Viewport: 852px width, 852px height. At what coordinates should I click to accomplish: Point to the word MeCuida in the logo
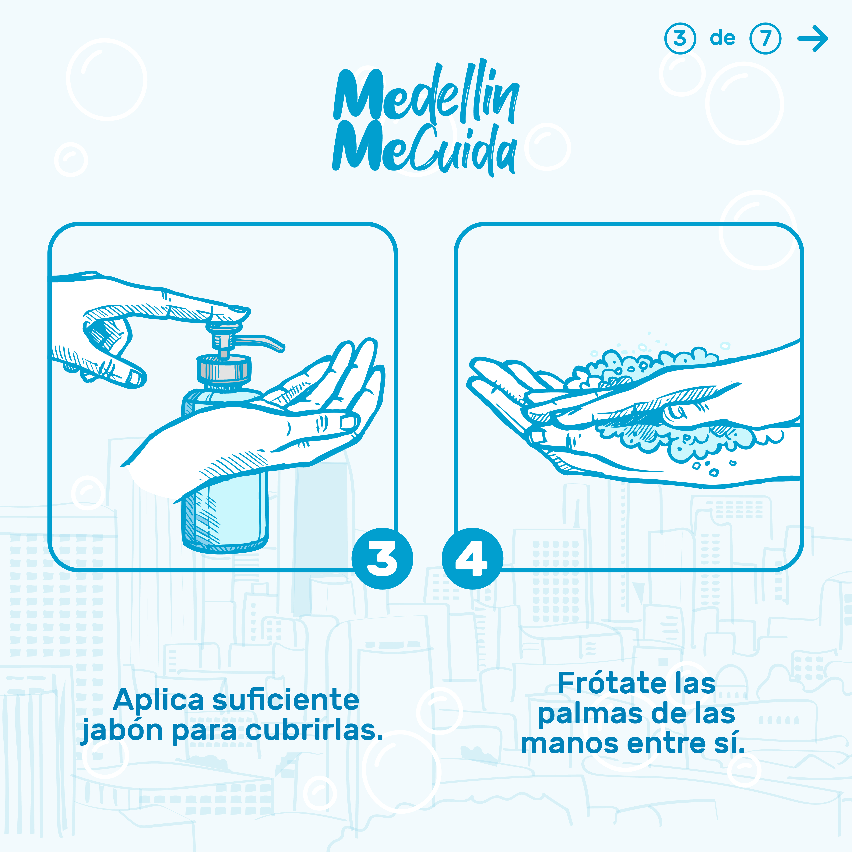click(424, 148)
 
